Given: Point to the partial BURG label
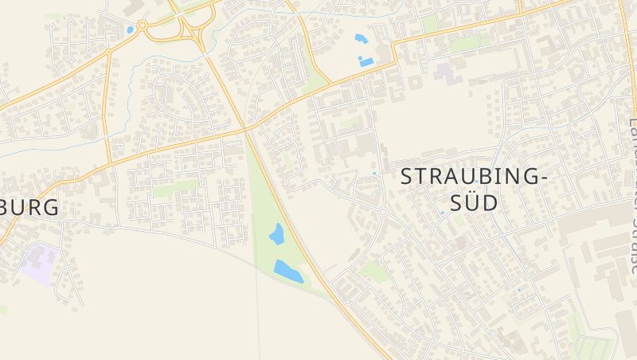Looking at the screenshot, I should pyautogui.click(x=30, y=208).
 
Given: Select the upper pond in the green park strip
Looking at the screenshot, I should pyautogui.click(x=276, y=234).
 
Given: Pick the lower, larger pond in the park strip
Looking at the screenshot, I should pyautogui.click(x=288, y=270).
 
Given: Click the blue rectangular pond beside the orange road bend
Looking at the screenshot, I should pyautogui.click(x=366, y=61).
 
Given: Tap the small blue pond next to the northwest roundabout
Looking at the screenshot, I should pyautogui.click(x=130, y=30).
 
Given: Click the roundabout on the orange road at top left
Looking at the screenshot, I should pyautogui.click(x=143, y=25).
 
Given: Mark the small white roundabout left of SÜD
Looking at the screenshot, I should pyautogui.click(x=382, y=212).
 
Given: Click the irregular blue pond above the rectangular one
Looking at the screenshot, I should pyautogui.click(x=360, y=38).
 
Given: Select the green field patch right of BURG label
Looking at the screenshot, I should pyautogui.click(x=175, y=189).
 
